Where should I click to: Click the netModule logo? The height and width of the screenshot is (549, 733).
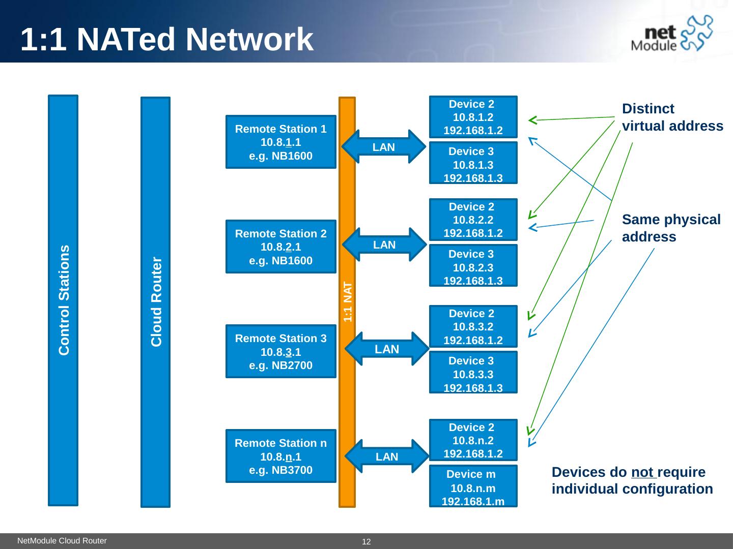671,34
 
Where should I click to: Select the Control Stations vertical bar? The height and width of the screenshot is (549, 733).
63,300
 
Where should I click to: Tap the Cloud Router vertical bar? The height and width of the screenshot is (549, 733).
156,302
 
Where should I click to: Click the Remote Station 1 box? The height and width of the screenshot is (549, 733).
281,142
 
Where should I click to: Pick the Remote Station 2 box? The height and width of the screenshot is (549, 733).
281,247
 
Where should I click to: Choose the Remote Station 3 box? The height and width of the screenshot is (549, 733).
281,351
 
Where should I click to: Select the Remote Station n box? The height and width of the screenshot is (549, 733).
281,456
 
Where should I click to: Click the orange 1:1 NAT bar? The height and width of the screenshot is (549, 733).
347,302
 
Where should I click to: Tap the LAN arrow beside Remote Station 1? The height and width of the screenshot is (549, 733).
384,147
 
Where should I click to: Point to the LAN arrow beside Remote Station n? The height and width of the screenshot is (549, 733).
387,456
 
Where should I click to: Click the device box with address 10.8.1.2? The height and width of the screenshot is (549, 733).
473,117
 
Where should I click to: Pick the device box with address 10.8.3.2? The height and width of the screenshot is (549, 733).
473,326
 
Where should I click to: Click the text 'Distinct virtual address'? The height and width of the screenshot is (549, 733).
672,117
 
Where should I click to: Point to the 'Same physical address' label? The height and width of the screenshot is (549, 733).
671,228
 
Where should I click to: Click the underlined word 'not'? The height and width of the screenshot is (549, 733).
642,472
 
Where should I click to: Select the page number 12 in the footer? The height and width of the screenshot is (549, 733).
366,542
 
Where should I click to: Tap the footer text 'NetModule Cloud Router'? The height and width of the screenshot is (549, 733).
62,541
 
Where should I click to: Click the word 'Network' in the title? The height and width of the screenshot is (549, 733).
249,39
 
